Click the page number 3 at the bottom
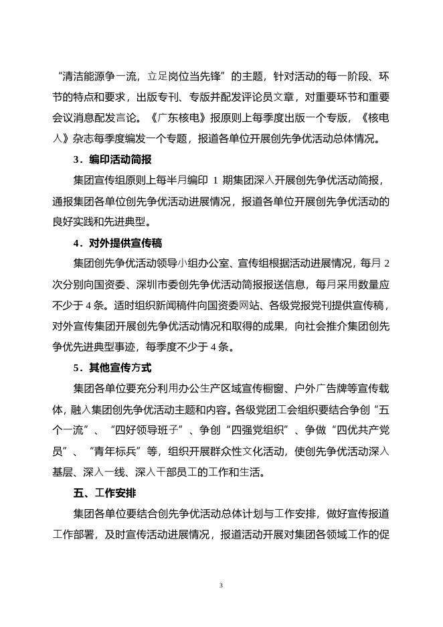[221, 585]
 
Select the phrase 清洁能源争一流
[100, 76]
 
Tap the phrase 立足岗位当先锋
[184, 76]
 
